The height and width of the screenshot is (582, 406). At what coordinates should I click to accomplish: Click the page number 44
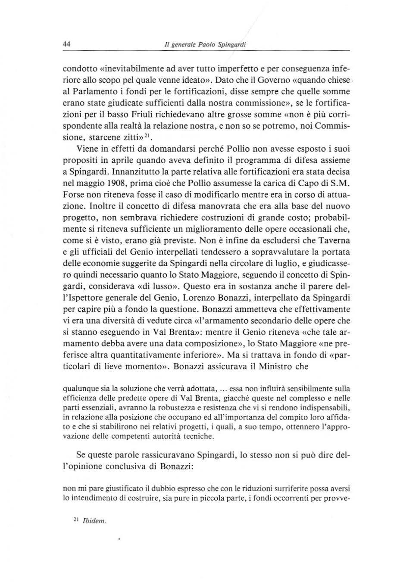67,44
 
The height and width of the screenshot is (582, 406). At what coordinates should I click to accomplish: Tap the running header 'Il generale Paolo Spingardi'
202,44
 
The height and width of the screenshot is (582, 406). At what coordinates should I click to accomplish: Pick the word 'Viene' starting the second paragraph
87,149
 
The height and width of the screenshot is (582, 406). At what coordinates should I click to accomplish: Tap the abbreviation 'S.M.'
340,184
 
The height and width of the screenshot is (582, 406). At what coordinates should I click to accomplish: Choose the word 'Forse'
73,195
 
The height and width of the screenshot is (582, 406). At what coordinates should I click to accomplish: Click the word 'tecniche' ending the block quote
200,436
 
